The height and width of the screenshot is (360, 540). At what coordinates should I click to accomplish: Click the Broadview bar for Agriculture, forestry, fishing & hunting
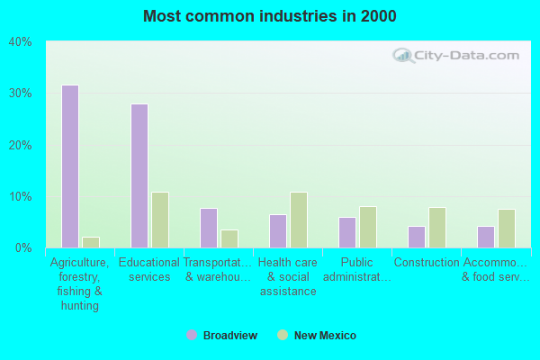coord(69,166)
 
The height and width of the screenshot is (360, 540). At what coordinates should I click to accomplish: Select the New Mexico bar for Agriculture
coord(90,242)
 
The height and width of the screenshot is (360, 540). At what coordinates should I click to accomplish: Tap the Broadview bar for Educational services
coord(139,175)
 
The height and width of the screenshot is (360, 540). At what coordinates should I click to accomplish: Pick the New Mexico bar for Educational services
coord(159,220)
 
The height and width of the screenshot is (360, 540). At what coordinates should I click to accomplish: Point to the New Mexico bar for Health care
coord(298,220)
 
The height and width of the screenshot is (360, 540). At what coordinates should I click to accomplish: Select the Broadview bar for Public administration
coord(346,232)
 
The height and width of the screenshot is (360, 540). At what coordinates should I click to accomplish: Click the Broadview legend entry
coord(221,336)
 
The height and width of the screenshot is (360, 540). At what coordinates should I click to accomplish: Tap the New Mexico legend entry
coord(320,336)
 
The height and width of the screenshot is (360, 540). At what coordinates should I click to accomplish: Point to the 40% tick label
coord(21,42)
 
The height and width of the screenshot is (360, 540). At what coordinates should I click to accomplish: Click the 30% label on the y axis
coord(21,94)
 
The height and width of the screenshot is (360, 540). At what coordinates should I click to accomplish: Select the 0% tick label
coord(23,247)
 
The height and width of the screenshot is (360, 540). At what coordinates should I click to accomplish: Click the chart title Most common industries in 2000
coord(270,16)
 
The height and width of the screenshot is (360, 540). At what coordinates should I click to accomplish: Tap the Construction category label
coord(427,263)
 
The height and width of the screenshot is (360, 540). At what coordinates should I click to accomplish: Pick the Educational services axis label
coord(149,270)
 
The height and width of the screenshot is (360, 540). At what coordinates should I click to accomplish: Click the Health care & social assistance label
coord(287,276)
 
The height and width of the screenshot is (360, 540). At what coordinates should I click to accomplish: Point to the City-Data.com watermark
coord(456,55)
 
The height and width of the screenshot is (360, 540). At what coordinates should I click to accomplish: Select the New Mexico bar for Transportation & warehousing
coord(229,238)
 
